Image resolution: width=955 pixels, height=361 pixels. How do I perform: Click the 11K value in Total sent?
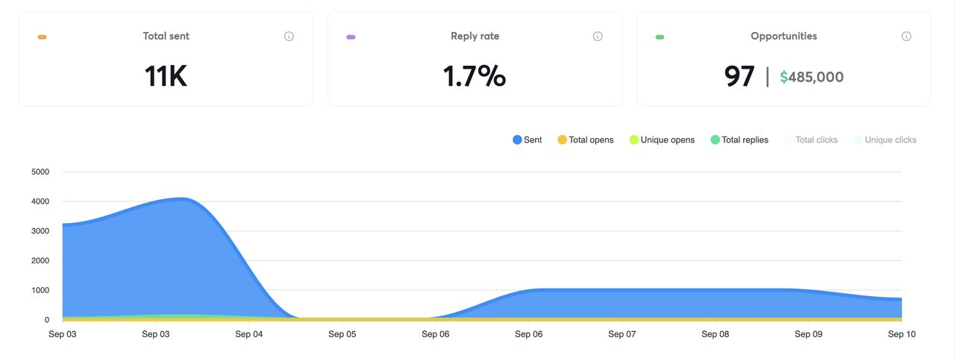pos(166,76)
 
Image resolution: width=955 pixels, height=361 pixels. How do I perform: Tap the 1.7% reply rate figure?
pos(475,76)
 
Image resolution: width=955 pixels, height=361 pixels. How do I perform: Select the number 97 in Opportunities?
pos(739,76)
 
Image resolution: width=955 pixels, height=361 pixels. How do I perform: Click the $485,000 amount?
pos(812,77)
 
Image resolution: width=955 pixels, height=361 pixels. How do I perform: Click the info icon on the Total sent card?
pos(289,37)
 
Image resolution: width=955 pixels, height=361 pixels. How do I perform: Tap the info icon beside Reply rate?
pos(598,37)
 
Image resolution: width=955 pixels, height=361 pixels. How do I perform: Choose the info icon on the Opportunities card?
pos(907,37)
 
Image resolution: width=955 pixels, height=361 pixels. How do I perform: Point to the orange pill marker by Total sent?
pos(43,37)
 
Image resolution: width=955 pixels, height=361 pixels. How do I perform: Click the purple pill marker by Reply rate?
pos(351,37)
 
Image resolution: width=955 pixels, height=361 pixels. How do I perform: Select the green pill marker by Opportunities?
pos(660,37)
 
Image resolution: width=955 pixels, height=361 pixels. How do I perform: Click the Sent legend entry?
pos(527,139)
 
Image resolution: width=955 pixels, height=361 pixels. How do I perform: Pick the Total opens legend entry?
pos(586,139)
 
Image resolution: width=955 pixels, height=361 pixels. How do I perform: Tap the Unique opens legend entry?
pos(662,139)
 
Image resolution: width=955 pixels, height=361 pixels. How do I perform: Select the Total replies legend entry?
pos(739,139)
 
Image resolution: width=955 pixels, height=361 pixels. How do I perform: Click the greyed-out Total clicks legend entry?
pos(811,139)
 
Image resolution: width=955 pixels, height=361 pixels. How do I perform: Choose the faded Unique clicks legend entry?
pos(886,139)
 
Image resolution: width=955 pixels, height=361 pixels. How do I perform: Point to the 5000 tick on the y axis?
pos(40,172)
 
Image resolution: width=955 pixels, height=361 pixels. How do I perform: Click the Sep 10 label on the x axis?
pos(902,334)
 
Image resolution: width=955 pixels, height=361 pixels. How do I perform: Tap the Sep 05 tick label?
pos(342,334)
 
